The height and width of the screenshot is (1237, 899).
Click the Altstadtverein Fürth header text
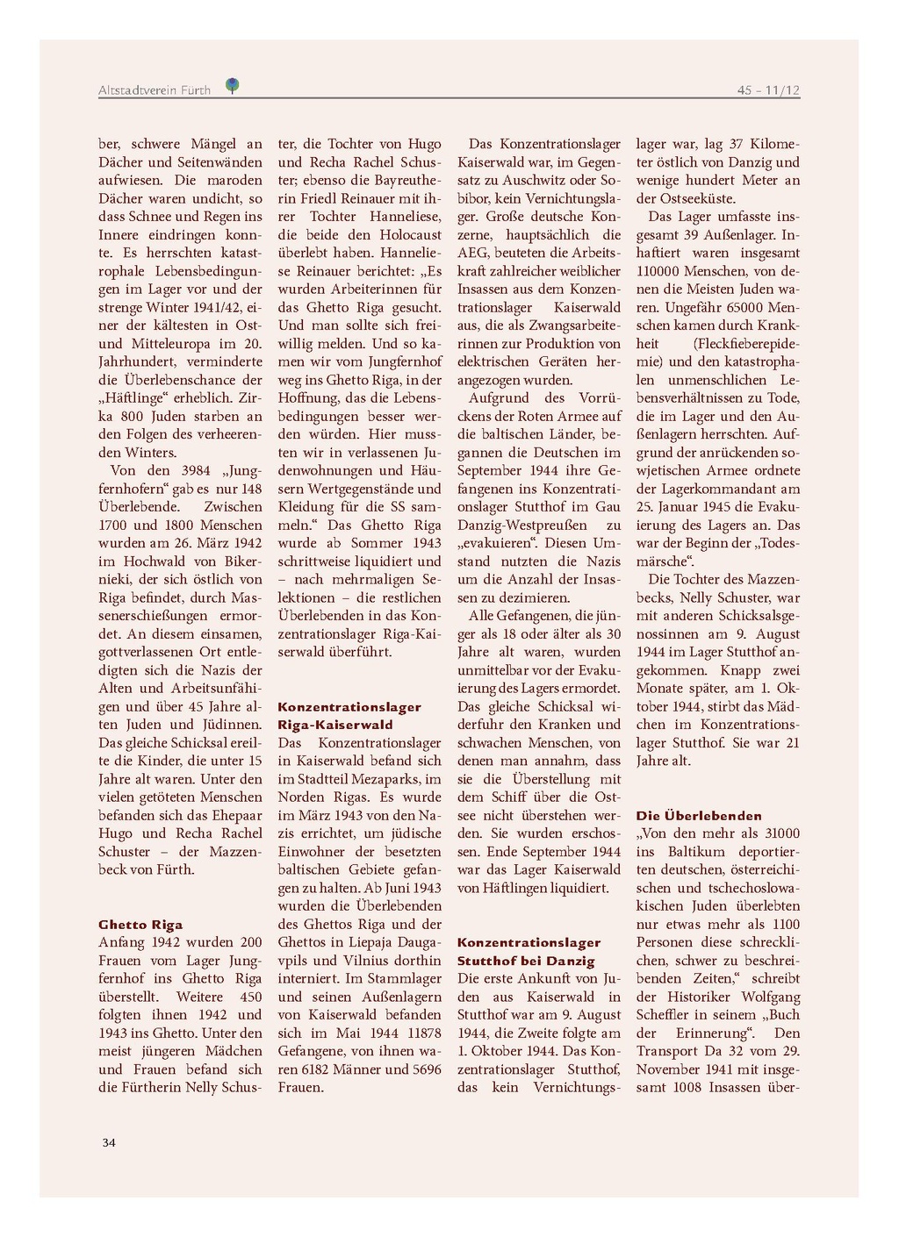coord(155,90)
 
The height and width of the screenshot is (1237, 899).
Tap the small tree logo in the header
coord(232,86)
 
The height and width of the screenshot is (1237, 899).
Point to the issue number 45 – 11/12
coord(768,90)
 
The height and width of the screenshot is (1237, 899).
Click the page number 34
coord(109,1142)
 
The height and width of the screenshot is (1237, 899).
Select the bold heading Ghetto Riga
coord(140,925)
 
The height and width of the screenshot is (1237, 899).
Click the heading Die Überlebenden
coord(699,816)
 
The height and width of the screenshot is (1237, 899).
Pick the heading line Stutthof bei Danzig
coord(526,961)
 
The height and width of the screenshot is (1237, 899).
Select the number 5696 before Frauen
coord(422,1069)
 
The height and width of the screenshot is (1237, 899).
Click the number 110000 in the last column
coord(660,272)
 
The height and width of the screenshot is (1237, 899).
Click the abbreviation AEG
coord(473,254)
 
